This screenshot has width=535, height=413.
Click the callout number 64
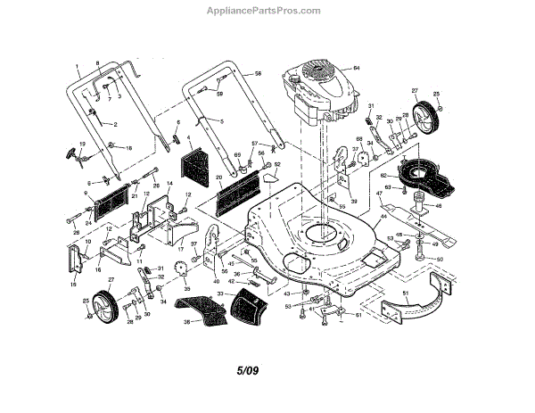(356, 69)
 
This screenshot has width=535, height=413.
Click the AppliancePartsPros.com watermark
(267, 11)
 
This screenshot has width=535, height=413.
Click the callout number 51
(405, 293)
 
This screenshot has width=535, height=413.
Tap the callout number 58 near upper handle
(259, 74)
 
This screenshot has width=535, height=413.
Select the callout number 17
(179, 242)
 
